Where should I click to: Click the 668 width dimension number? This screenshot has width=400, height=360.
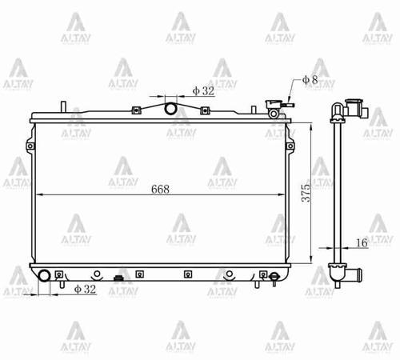tap(160, 190)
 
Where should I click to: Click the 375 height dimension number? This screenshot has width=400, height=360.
tap(306, 193)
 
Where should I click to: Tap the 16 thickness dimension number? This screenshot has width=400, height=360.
tap(362, 242)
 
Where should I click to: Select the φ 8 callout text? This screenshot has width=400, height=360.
tap(310, 80)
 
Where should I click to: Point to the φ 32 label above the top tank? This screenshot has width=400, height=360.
tap(203, 91)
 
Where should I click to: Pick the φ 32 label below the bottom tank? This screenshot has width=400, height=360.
tap(85, 289)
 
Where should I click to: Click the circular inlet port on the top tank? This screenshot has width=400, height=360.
tap(170, 109)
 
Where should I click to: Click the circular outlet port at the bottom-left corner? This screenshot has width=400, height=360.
tap(44, 275)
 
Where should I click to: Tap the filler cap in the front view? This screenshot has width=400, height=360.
tap(273, 104)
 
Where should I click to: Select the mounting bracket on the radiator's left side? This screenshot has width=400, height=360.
tap(30, 146)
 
